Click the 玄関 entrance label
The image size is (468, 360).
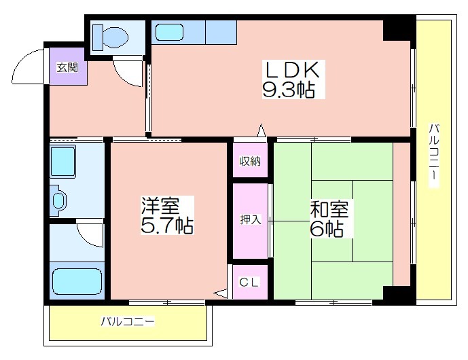(67, 68)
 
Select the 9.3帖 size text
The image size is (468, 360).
(289, 90)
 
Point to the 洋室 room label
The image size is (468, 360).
(160, 205)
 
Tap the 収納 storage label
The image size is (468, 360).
(250, 162)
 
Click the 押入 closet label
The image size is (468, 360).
(251, 220)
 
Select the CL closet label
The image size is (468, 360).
(249, 282)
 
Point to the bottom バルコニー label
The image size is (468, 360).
(128, 322)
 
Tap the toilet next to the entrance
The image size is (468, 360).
(110, 37)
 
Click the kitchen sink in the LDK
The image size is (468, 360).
(169, 32)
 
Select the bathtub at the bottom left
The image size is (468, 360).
(77, 281)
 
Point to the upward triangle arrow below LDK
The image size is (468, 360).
(262, 130)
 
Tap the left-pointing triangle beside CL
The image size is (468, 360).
(221, 293)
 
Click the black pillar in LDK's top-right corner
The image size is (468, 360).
(397, 31)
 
